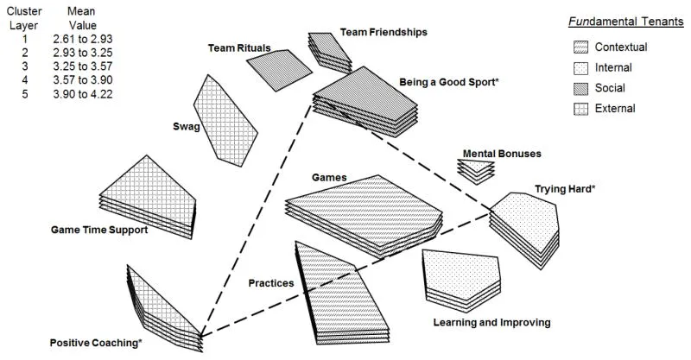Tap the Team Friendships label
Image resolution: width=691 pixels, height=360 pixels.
coord(384,33)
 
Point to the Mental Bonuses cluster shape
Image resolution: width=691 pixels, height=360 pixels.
coord(477,170)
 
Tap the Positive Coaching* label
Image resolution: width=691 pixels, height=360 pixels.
coord(97,343)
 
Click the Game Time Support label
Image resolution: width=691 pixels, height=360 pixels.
coord(99,231)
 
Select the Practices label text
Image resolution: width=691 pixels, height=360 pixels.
coord(271,283)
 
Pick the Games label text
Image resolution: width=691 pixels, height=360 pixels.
coord(331,178)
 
